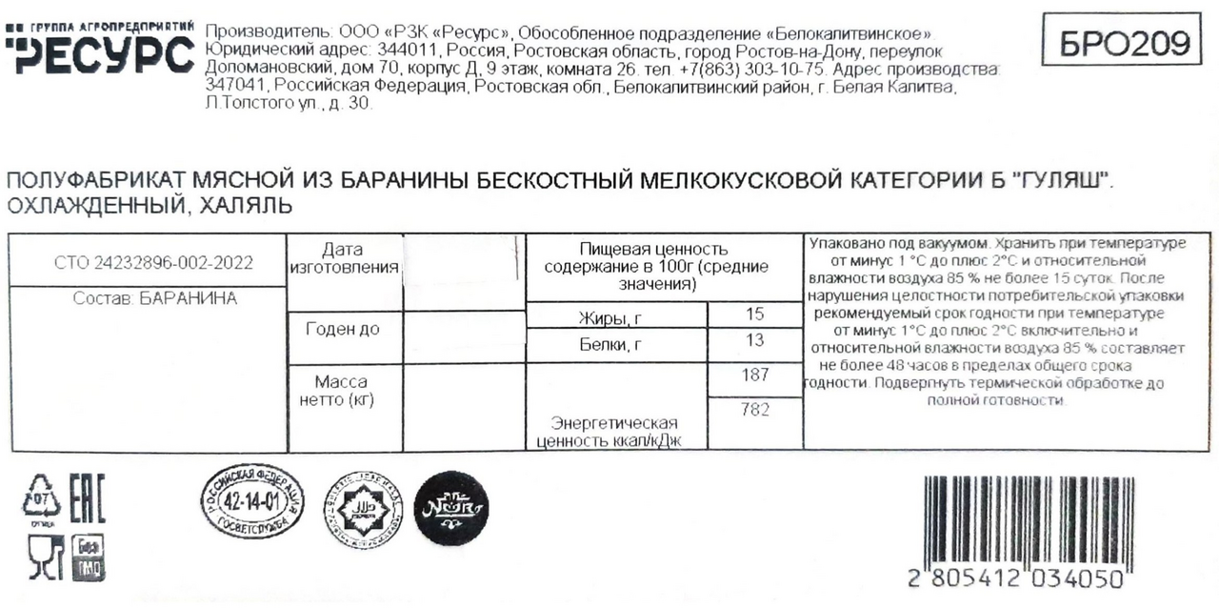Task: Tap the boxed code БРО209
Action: (x=1129, y=41)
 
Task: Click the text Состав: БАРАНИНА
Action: (x=155, y=298)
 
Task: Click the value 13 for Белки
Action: (x=755, y=342)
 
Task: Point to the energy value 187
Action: (x=754, y=376)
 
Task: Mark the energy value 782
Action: (x=754, y=411)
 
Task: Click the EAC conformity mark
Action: (x=89, y=500)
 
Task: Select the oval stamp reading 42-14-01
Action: (x=252, y=500)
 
